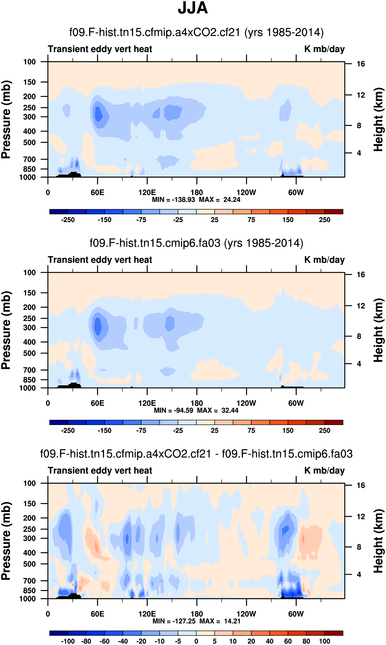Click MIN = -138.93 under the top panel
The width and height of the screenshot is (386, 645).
173,200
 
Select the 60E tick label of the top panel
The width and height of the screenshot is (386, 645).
97,193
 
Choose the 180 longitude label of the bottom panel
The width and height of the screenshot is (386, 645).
197,614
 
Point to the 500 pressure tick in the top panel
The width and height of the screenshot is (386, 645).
29,143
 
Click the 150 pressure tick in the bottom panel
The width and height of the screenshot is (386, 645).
29,504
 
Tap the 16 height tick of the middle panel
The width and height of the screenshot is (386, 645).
361,274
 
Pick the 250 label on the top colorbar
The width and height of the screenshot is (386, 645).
324,220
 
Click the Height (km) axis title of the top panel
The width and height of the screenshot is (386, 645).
378,119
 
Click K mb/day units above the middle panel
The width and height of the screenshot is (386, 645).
324,260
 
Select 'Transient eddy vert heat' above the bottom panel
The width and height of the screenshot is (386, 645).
100,470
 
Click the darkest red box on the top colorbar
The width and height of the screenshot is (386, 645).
334,212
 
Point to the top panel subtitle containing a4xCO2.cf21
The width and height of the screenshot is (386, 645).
196,33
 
